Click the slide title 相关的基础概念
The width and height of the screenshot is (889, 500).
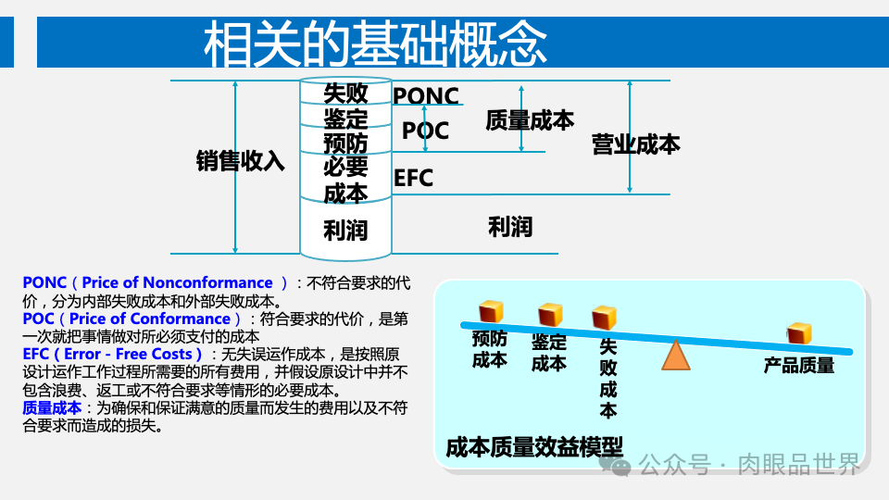point(375,44)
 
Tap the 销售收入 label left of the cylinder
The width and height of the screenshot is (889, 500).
point(240,161)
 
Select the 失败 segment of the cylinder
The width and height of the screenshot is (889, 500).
point(345,94)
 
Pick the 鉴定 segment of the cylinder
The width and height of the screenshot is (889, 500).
point(345,119)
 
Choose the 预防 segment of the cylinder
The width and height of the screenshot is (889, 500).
point(345,143)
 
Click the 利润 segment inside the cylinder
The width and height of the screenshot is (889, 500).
point(345,229)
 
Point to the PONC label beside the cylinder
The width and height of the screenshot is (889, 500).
point(426,95)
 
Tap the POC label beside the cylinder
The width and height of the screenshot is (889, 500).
point(425,131)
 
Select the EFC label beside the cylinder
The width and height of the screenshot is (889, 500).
point(413,178)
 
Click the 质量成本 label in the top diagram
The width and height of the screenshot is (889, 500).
point(530,120)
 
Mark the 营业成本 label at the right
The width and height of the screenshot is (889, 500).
point(636,144)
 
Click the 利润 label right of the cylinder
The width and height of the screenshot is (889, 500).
point(510,226)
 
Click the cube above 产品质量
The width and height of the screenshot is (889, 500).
point(799,333)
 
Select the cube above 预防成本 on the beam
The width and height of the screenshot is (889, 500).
point(490,312)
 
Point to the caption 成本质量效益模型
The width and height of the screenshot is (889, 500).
point(534,447)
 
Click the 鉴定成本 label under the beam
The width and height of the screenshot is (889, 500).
point(548,353)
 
